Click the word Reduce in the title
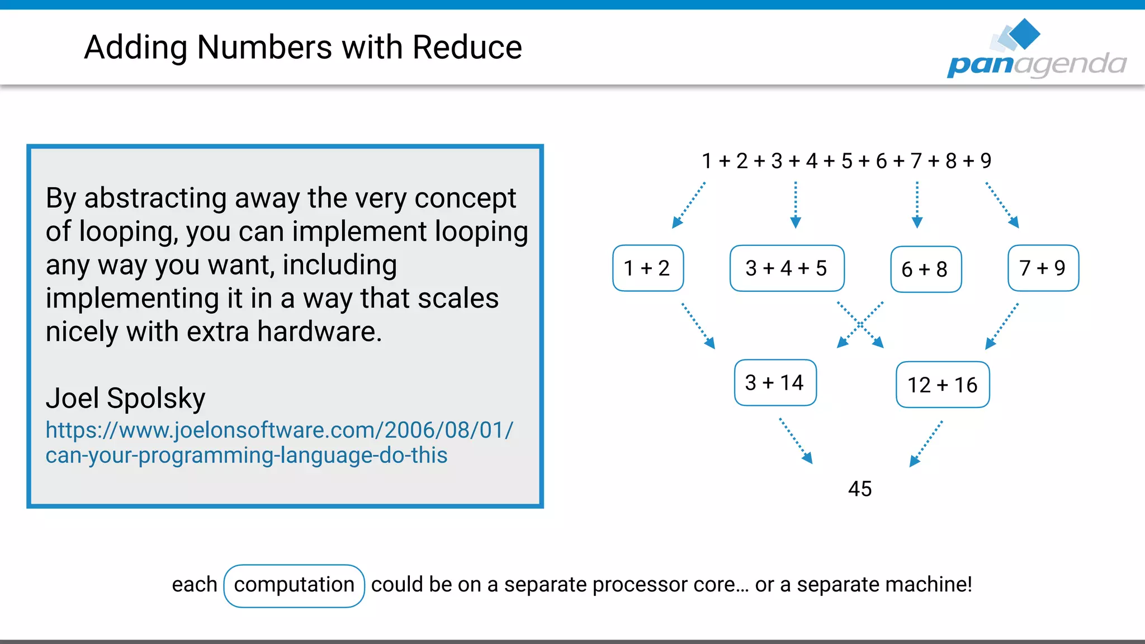[x=467, y=47]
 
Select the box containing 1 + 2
[x=647, y=268]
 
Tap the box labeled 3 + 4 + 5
[x=786, y=268]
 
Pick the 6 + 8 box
[x=925, y=269]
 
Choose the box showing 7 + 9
[x=1043, y=268]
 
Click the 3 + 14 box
[x=775, y=383]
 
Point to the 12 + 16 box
[x=943, y=385]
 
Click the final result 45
[x=860, y=489]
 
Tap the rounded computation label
[x=294, y=585]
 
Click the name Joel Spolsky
[x=126, y=399]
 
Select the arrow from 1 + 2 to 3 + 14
[x=698, y=326]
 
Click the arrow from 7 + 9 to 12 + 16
[x=1002, y=326]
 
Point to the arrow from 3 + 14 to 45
[x=796, y=441]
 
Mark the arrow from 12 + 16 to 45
[x=926, y=443]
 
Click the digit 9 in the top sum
[x=986, y=161]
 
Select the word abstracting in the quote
[x=155, y=198]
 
